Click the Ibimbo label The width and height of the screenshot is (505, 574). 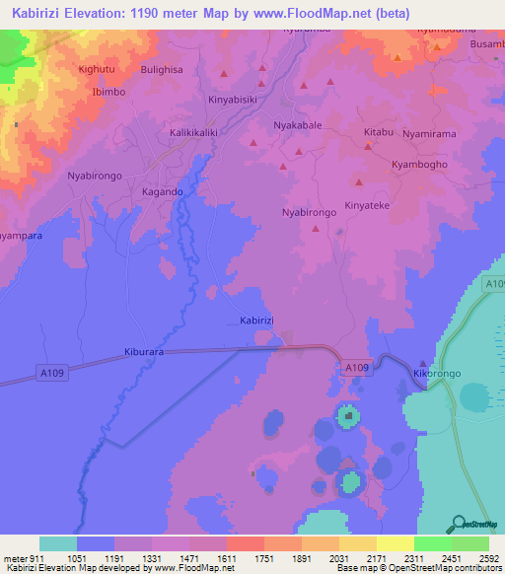tap(108, 91)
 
